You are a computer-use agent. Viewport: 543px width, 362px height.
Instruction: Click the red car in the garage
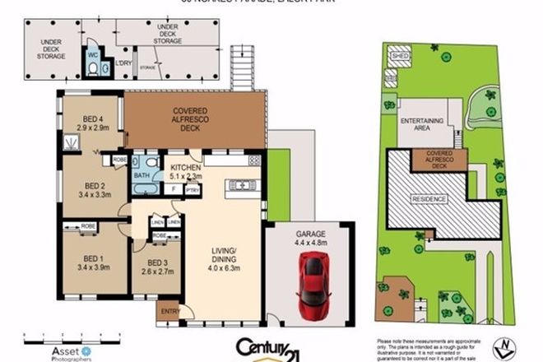(314, 278)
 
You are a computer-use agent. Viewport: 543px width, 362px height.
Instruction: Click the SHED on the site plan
(401, 56)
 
